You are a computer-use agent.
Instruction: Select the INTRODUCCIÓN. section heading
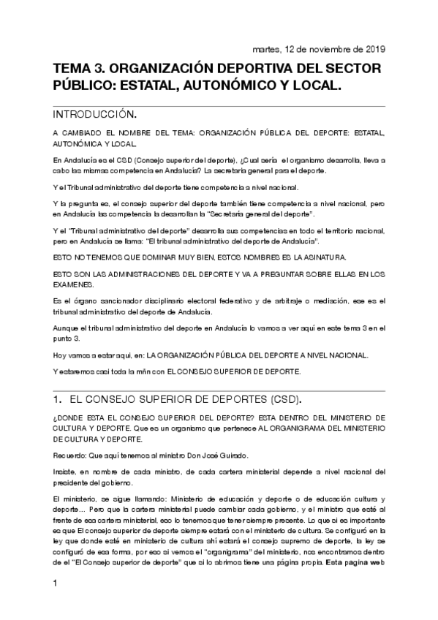click(95, 115)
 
